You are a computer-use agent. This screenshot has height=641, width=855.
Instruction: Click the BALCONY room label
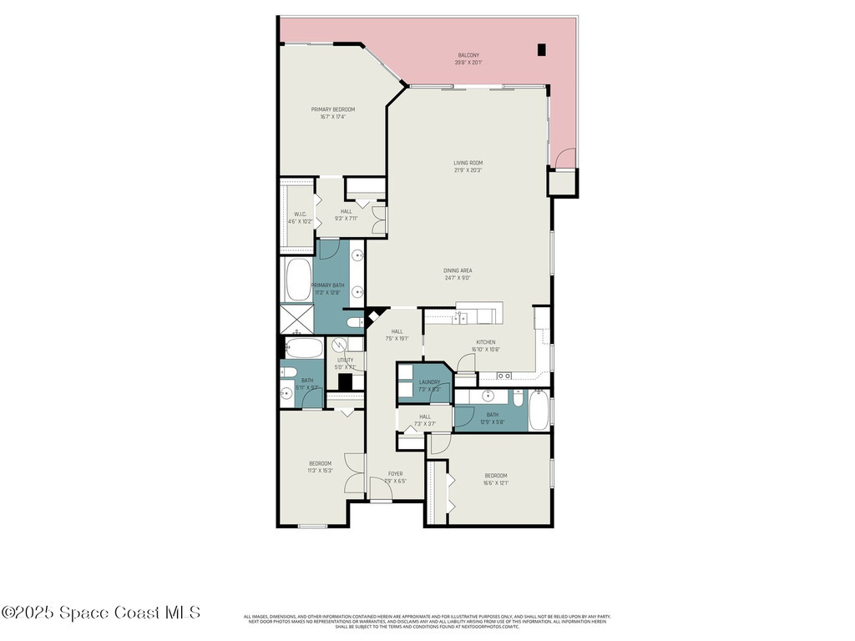(468, 56)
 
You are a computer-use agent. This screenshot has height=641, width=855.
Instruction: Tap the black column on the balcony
(541, 49)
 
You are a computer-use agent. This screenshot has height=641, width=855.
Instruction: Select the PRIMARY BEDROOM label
(333, 109)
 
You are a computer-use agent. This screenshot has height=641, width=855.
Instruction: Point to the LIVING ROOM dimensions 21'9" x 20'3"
(468, 170)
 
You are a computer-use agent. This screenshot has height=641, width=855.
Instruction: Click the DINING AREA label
(458, 270)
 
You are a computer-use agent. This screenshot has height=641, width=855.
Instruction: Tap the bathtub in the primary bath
(298, 280)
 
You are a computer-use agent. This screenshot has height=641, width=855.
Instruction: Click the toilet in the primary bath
(354, 322)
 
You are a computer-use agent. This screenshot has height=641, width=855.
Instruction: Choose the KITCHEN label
(486, 342)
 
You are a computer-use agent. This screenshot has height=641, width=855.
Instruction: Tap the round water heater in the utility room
(341, 346)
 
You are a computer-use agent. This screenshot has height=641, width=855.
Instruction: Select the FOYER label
(395, 473)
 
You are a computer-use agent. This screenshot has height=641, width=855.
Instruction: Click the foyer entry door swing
(382, 492)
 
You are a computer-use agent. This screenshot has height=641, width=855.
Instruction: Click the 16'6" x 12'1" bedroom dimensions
(495, 483)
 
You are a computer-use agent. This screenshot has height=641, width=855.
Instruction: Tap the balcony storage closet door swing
(566, 159)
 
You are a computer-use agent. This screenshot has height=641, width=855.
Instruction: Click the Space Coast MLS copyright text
(101, 612)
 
